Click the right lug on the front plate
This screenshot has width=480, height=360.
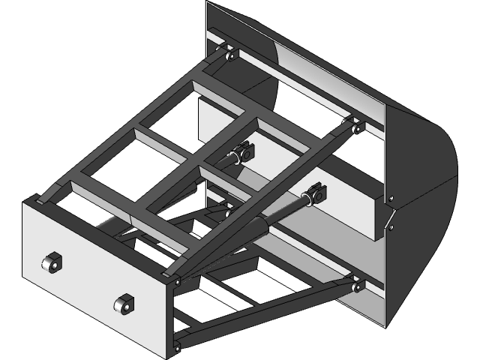tap(123, 304)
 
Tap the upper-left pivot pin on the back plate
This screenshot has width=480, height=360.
tap(228, 55)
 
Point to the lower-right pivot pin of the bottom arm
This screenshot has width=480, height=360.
tap(355, 284)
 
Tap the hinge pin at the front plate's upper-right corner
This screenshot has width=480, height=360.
tap(176, 281)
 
